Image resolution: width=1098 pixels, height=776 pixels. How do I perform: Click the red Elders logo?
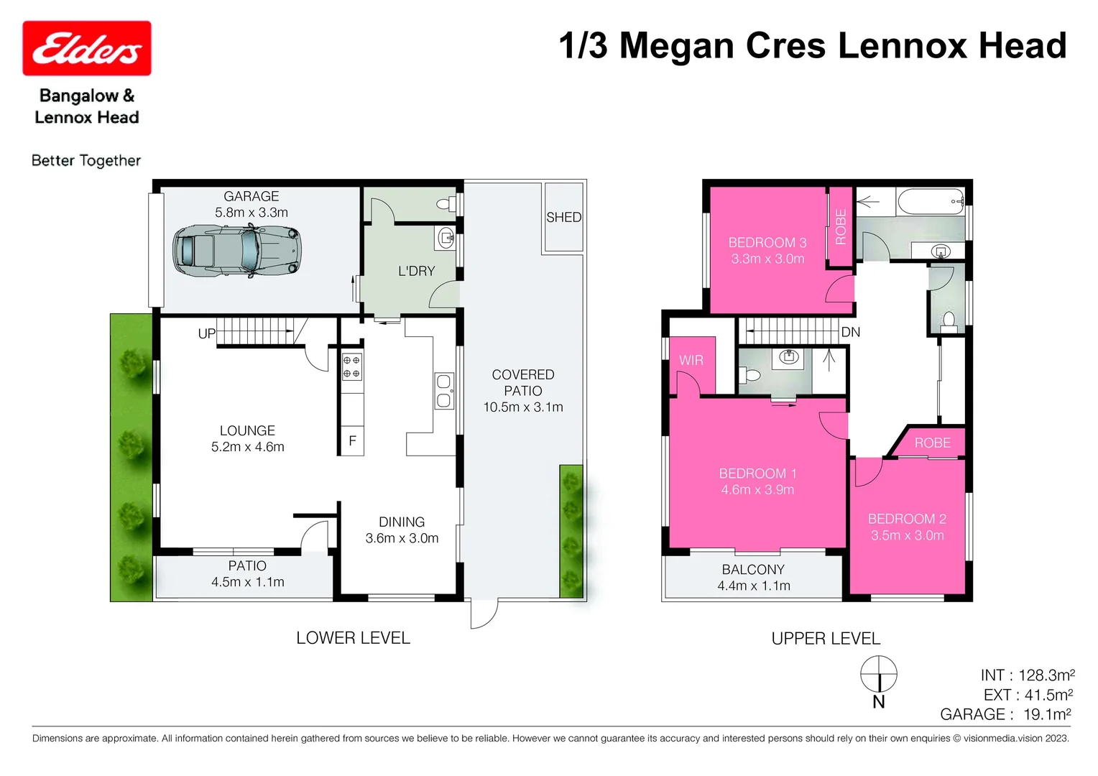point(87,48)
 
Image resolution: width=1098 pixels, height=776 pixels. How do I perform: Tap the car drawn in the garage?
point(236,249)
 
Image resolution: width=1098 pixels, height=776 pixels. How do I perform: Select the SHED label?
point(563,217)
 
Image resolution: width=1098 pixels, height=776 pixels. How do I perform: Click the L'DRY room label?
point(417,271)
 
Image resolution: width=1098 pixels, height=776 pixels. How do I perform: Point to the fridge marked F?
point(352,440)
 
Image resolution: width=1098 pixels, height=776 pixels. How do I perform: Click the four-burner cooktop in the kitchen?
point(351,366)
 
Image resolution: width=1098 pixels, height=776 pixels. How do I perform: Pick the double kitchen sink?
point(444,390)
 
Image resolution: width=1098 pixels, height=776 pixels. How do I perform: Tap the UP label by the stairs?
point(206,333)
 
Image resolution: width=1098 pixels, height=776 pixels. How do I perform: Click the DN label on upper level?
point(850,332)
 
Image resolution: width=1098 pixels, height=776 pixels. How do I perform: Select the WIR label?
point(691,360)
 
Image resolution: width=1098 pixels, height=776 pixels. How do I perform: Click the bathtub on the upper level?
point(930,202)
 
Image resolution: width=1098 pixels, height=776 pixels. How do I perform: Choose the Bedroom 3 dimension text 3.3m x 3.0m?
point(767,259)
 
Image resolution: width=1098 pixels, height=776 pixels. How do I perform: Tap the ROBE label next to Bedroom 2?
point(932,443)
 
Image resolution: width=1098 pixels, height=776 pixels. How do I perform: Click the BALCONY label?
point(753,570)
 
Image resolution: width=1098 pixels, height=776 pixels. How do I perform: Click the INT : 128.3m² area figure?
point(1027,675)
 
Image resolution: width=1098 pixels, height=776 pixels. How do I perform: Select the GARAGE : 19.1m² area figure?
point(1005,714)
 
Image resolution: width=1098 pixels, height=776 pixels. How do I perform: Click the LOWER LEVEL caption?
point(353,638)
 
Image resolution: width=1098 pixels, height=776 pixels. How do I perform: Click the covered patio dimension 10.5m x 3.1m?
point(523,407)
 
